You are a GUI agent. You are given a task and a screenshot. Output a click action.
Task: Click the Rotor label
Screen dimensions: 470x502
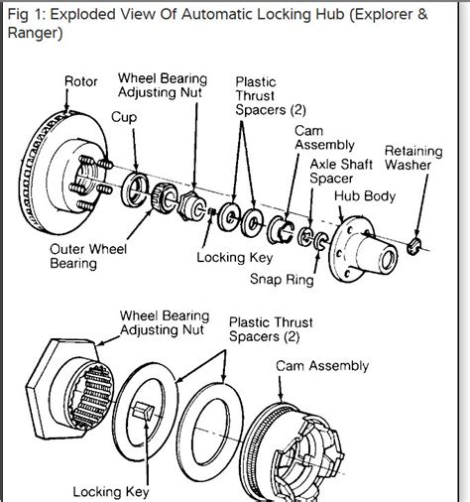coord(81,81)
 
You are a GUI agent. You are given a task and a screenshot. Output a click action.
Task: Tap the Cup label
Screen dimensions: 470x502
coord(124,117)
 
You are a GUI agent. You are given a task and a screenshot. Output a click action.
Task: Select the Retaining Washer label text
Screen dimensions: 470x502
coord(413,158)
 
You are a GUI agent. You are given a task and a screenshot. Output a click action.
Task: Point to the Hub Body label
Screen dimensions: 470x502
coord(365,196)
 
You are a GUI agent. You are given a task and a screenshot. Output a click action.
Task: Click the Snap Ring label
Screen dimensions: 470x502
coord(282,279)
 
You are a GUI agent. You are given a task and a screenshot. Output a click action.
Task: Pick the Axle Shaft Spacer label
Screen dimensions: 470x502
coord(341,172)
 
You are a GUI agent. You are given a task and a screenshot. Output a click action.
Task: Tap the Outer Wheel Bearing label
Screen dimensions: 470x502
coord(88,256)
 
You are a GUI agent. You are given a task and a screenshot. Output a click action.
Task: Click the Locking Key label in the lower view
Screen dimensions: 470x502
coord(111,492)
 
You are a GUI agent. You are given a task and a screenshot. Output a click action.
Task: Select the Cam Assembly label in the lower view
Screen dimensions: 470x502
coord(322,366)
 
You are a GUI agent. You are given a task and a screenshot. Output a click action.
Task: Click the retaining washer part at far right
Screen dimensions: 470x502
coord(413,246)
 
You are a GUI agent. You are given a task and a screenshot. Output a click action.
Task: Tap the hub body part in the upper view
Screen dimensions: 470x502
coord(363,249)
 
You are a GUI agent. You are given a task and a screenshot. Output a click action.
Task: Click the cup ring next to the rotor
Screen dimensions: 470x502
coord(135,189)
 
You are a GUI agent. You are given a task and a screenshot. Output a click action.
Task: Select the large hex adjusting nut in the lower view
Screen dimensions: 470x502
coord(68,389)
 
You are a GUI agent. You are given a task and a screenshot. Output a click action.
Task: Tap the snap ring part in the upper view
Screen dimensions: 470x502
coord(321,240)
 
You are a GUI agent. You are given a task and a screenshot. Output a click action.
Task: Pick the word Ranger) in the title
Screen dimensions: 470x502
coord(35,33)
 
